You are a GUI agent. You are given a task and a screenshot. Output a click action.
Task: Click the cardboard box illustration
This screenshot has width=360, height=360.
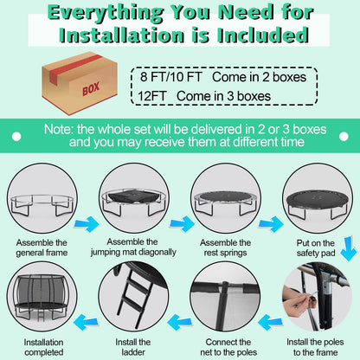tap(80, 83)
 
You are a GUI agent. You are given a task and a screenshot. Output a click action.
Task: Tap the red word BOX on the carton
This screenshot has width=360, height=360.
tap(91, 88)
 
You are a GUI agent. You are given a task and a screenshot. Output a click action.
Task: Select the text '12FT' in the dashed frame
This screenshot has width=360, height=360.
tap(152, 96)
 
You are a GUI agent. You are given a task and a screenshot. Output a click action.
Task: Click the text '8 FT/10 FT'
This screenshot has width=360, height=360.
tap(171, 77)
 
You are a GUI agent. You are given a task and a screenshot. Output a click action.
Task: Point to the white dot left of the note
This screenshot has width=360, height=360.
tap(16, 137)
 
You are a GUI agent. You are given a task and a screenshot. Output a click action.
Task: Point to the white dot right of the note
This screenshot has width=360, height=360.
tap(344, 137)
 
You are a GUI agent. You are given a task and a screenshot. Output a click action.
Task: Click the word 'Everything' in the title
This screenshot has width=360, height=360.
tap(106, 13)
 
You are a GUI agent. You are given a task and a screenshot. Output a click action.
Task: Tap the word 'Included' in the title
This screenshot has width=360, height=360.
tap(263, 35)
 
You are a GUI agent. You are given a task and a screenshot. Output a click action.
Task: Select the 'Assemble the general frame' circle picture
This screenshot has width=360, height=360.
tap(42, 198)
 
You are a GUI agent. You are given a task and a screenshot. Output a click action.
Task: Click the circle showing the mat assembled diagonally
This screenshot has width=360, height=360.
tap(134, 198)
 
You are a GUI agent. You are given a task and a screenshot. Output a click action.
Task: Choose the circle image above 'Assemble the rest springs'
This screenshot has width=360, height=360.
tap(226, 198)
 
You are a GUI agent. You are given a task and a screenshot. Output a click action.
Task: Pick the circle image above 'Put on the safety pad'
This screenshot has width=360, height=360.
tap(318, 198)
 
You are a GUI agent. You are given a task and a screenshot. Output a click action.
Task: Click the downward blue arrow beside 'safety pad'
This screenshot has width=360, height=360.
tap(348, 248)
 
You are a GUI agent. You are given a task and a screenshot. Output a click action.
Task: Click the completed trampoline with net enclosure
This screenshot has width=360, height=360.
tap(42, 298)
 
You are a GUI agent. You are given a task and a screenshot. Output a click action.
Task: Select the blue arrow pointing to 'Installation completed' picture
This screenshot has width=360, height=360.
tap(86, 322)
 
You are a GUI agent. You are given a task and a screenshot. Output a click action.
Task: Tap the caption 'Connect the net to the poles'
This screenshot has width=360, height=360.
tap(228, 347)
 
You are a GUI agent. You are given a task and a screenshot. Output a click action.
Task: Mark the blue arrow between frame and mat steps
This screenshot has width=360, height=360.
tap(87, 224)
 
